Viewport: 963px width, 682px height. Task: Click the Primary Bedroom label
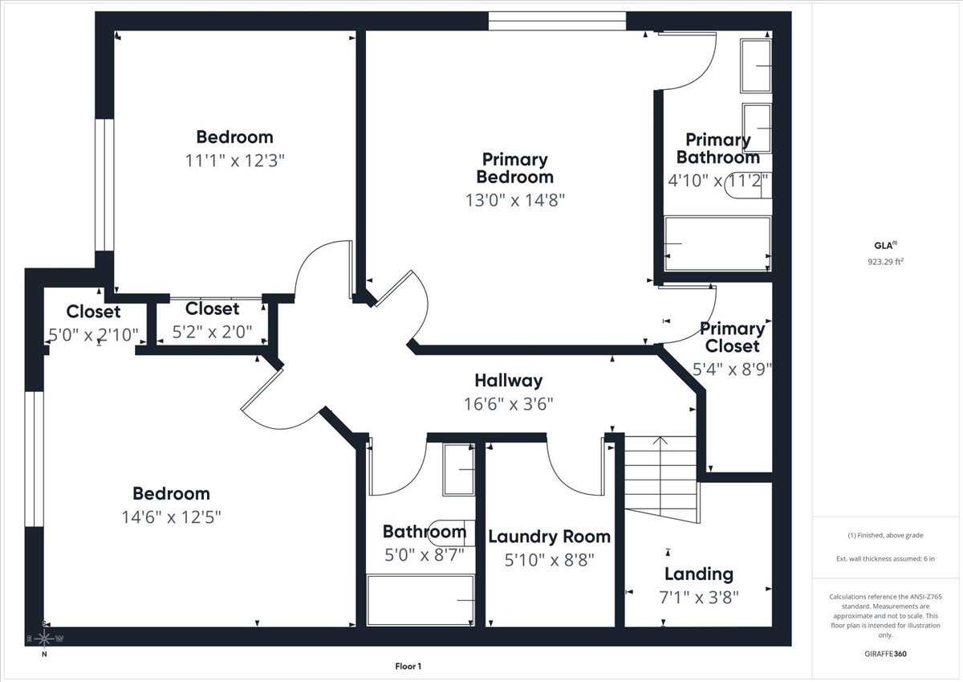tap(514, 168)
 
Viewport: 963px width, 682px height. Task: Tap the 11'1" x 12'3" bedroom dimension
tap(235, 160)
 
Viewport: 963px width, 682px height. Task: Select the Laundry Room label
tap(549, 537)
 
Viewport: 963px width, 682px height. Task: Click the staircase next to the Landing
tap(660, 474)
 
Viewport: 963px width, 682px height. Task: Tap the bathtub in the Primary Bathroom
tap(717, 243)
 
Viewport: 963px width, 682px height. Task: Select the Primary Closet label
tap(731, 337)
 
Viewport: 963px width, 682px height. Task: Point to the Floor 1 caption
tap(408, 666)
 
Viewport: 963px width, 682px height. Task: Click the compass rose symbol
tap(44, 639)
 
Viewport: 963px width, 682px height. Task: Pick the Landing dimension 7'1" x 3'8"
tap(697, 597)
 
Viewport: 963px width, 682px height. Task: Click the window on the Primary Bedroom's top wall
tap(557, 22)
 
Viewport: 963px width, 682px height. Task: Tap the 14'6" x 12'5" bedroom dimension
tap(171, 517)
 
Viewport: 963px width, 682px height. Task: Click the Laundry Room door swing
tap(574, 468)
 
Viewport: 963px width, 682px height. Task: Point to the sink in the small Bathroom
tap(460, 469)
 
